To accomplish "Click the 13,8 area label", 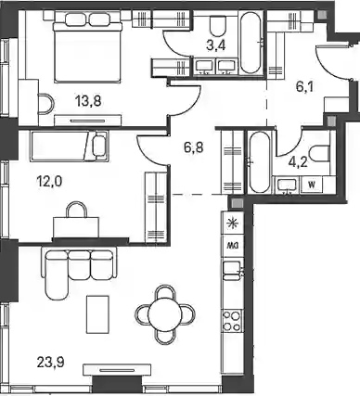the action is point(88,101).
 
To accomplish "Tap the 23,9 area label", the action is point(50,362).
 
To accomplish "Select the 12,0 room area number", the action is point(49,181).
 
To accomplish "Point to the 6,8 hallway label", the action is point(194,147).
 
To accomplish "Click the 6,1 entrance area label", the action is point(304,87).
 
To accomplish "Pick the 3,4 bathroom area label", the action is point(216,45).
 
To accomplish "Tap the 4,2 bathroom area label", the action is point(298,161).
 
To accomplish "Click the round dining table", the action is point(164,315).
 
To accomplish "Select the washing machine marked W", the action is point(312,185).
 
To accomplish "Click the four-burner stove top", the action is point(232,321).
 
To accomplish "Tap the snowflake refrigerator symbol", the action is point(231,223).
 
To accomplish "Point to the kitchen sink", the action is point(232,272).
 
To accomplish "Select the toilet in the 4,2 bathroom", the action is point(321,154).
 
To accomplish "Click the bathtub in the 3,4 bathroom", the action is point(251,43).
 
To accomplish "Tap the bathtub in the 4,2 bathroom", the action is point(260,162).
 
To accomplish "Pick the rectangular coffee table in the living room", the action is point(97,314).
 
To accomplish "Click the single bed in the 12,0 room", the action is point(70,146).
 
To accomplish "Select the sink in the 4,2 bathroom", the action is point(287,186).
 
